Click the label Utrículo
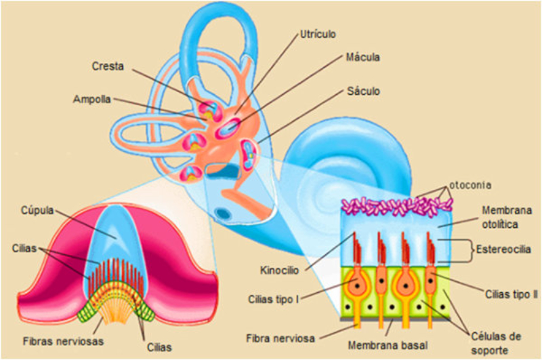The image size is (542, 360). [318, 33]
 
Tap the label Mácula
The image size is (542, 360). [361, 58]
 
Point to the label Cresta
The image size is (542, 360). [108, 66]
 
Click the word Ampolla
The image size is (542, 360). [93, 99]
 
